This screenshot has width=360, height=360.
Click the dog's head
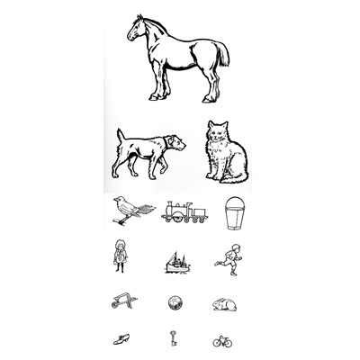177,142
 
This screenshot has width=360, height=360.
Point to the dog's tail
120,135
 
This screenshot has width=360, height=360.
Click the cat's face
219,133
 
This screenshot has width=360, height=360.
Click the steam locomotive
183,212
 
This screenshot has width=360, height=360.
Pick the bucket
235,212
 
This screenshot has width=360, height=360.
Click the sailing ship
177,262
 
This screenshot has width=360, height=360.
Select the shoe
121,339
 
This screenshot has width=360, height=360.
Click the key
169,338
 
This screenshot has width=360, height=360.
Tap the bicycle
222,341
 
